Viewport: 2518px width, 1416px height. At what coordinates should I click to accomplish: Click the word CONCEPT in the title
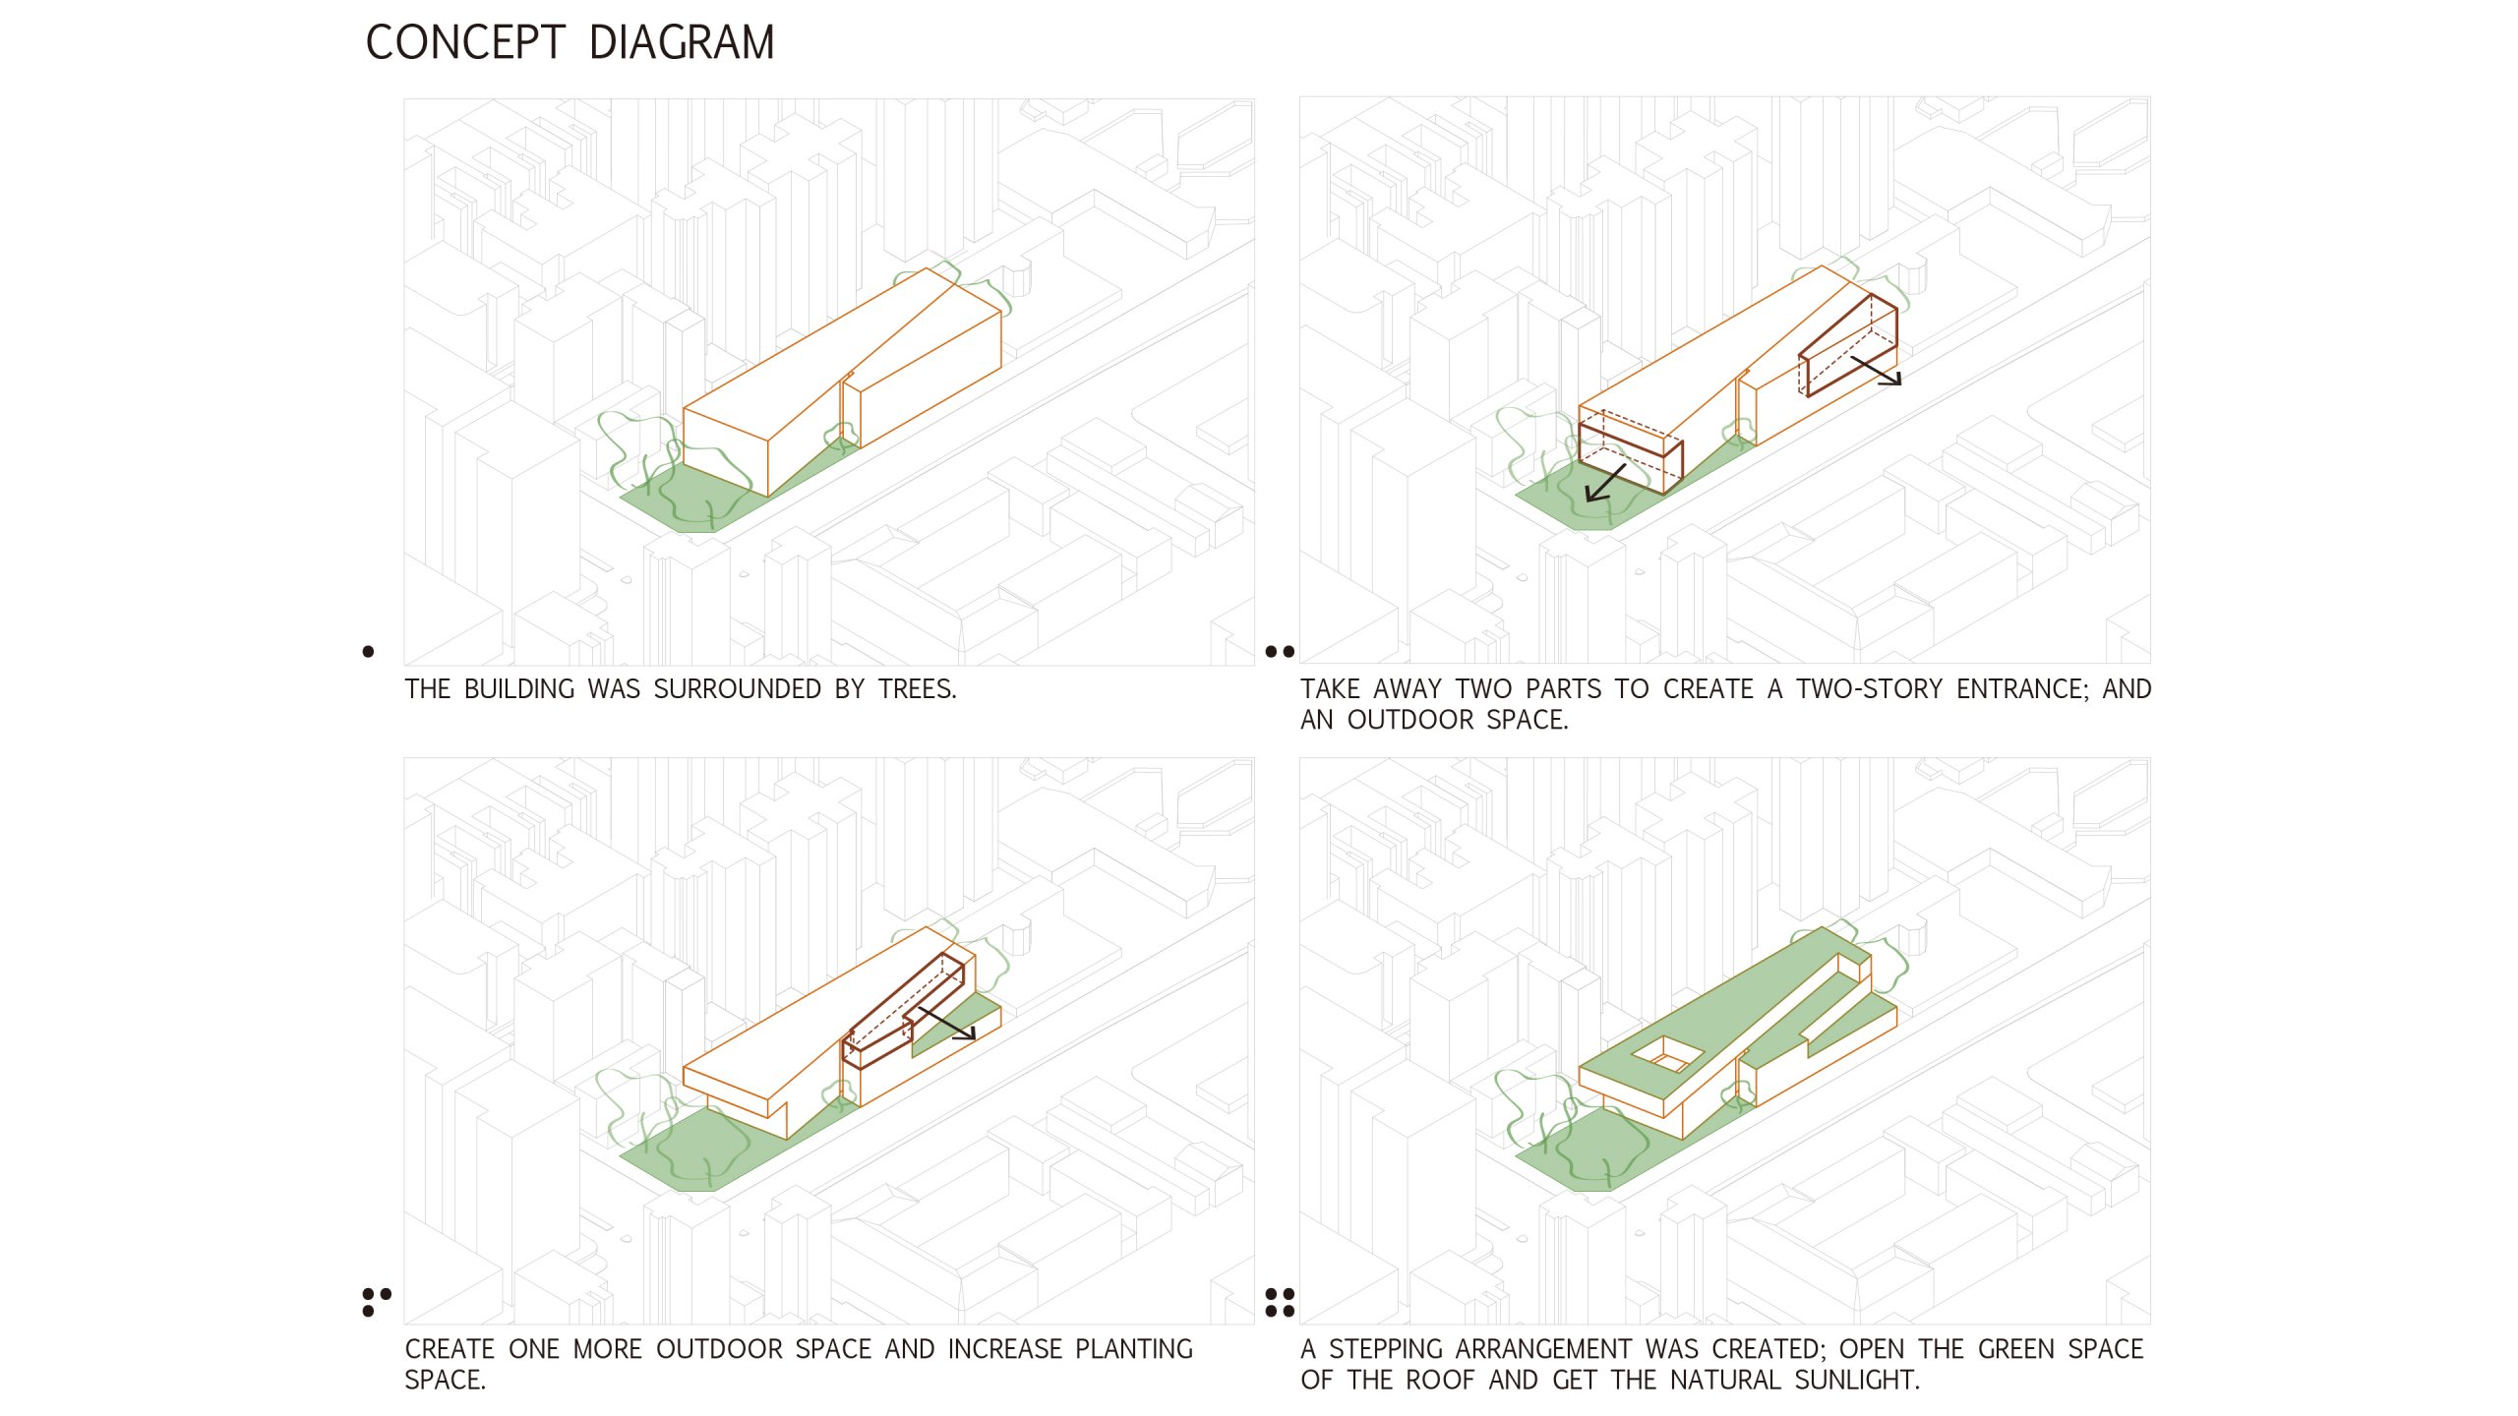point(465,43)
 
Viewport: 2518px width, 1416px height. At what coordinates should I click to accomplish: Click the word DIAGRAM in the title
point(682,43)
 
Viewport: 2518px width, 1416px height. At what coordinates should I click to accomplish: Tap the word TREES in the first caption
point(917,689)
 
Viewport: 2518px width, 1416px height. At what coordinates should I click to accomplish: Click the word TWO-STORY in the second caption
point(1870,689)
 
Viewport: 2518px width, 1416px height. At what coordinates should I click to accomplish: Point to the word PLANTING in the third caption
point(1134,1349)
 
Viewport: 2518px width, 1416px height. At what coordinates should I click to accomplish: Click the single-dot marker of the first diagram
point(368,651)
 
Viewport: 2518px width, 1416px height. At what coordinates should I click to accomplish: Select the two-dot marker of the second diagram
point(1280,651)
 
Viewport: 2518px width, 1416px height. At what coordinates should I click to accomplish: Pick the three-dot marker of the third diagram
point(376,1302)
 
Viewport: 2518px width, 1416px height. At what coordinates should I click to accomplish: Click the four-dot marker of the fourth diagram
point(1280,1302)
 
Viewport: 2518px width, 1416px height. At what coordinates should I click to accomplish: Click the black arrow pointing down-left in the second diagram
point(1604,484)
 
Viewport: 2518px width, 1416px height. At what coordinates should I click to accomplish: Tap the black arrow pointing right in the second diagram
point(1876,371)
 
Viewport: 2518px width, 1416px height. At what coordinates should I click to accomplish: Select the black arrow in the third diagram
point(946,1023)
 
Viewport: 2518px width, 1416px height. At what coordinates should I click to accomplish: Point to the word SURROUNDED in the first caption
point(738,689)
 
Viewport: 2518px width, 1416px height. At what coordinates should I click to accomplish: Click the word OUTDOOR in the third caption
point(715,1349)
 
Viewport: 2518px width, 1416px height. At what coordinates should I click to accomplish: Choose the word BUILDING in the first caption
point(518,689)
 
